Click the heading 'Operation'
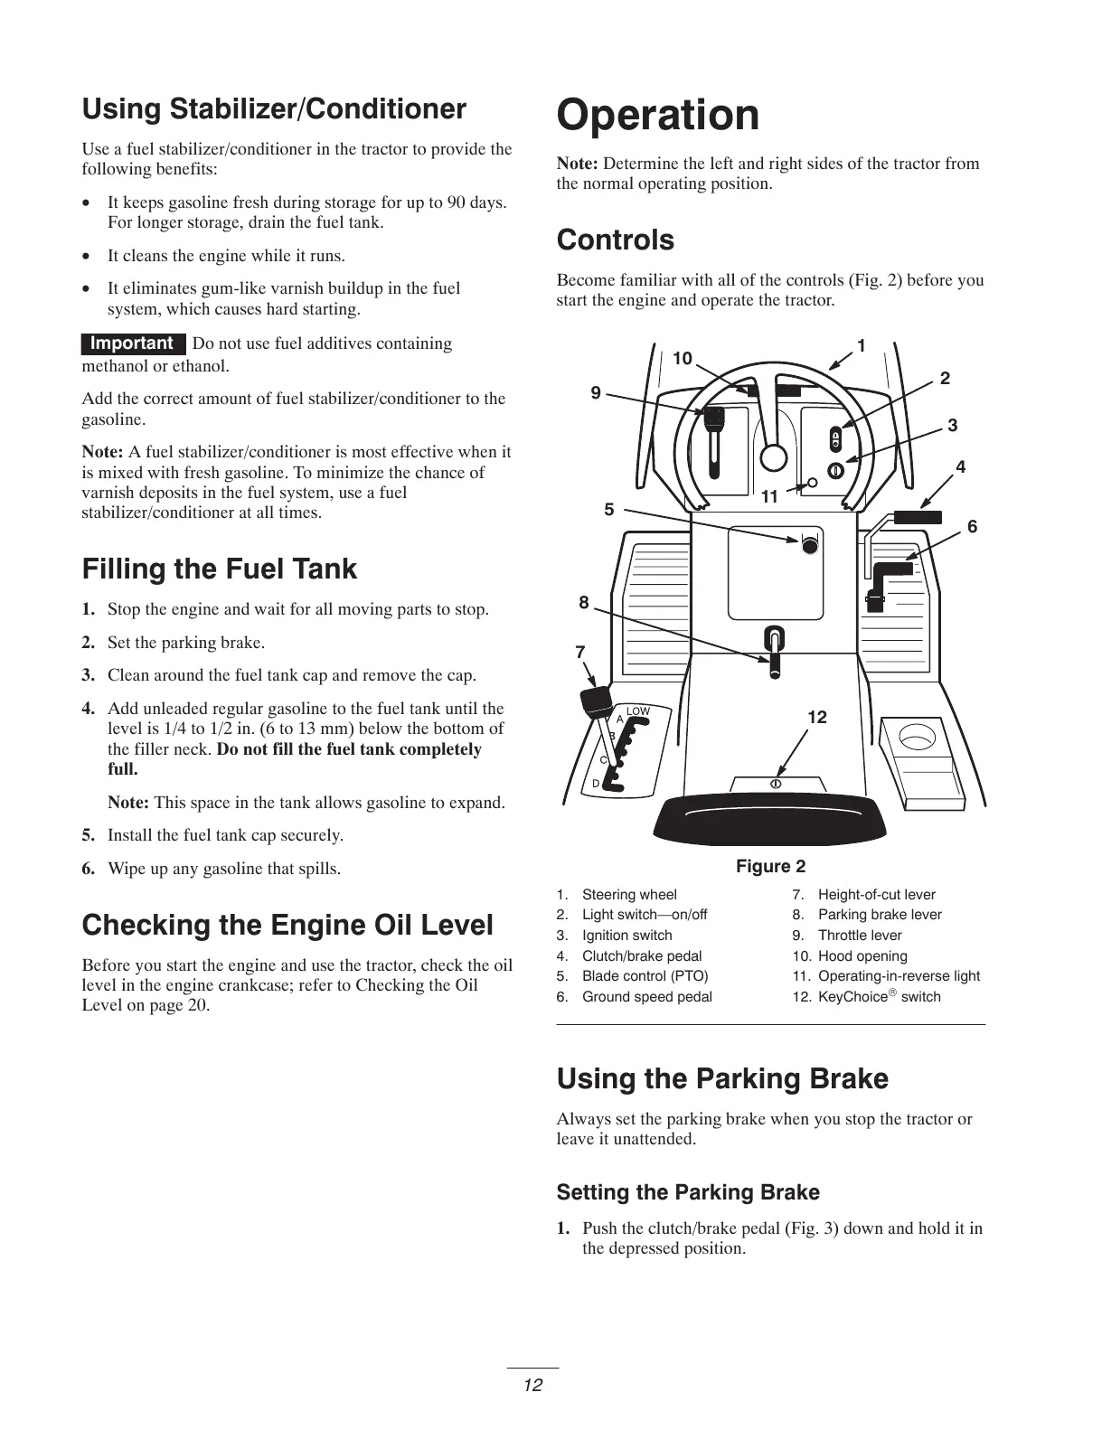point(658,116)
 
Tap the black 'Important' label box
point(132,343)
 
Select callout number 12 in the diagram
point(816,717)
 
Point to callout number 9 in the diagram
point(595,392)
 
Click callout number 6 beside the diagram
point(972,526)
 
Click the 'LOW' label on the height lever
point(638,711)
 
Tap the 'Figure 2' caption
point(770,866)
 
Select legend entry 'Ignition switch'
point(626,936)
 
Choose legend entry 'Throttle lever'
point(859,936)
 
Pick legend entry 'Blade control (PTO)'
point(645,976)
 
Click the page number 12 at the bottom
point(532,1385)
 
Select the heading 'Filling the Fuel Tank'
point(220,569)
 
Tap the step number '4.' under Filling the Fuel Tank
point(89,709)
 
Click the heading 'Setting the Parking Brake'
point(688,1192)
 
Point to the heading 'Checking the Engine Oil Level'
point(287,926)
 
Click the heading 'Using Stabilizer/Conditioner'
point(274,109)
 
